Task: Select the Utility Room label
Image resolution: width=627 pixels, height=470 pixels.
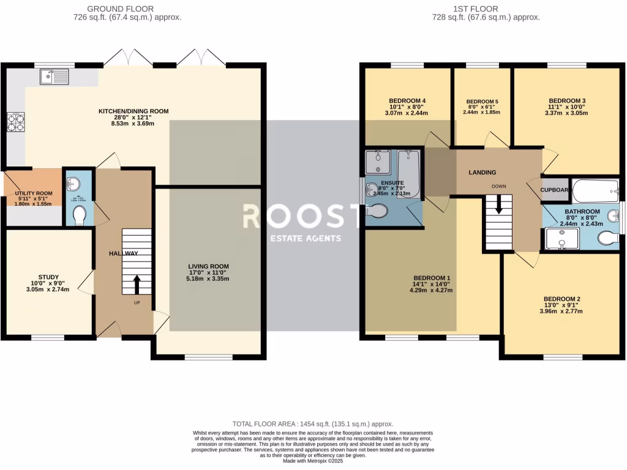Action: [34, 193]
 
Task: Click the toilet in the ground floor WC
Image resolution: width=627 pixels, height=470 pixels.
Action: [79, 215]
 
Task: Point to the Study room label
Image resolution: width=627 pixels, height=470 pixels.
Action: [48, 275]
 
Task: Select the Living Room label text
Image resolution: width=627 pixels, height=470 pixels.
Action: [208, 266]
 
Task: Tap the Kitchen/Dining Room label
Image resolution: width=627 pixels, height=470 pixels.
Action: [133, 111]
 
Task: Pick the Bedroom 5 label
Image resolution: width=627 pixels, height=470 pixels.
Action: [482, 102]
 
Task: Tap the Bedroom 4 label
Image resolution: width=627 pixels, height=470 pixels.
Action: [407, 101]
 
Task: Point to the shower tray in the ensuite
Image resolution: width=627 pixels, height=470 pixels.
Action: [379, 162]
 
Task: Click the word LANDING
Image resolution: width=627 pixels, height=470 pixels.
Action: [482, 173]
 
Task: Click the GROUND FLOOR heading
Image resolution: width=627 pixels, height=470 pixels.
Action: [121, 9]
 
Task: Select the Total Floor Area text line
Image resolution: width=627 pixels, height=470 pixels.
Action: [313, 423]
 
